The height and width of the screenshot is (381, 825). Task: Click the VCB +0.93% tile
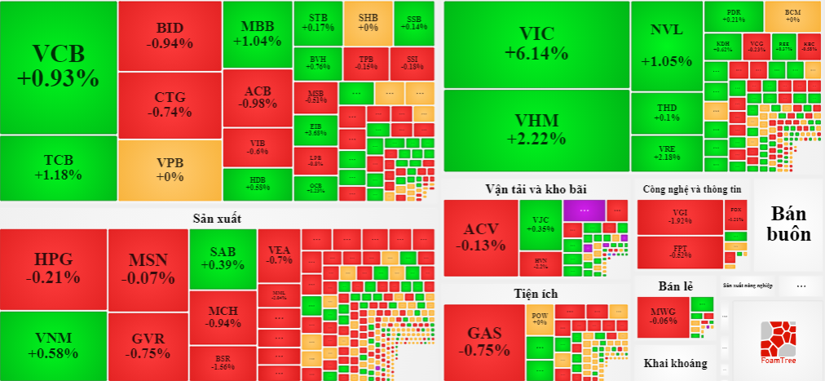tap(58, 67)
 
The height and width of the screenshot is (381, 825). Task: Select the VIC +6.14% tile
tap(536, 44)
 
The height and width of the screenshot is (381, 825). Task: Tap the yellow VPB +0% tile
tap(170, 170)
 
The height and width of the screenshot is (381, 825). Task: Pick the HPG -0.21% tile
tap(53, 268)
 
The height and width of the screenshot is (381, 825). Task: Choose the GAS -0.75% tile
tap(483, 341)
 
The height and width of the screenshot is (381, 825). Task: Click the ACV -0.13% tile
tap(480, 237)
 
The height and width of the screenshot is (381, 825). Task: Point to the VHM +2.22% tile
tap(536, 130)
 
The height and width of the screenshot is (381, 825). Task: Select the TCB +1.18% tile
tap(58, 167)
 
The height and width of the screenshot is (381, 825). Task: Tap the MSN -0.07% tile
tap(148, 268)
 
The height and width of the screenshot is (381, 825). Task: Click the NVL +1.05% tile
tap(666, 45)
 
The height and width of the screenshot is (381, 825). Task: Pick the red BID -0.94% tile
tap(170, 36)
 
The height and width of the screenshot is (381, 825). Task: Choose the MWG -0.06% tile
tap(663, 315)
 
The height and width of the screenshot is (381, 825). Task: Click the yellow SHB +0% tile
tap(368, 22)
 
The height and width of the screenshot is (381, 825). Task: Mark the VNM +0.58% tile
tap(53, 345)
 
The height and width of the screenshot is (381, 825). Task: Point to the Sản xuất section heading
tap(217, 218)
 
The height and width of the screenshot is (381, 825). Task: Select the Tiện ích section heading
tap(536, 293)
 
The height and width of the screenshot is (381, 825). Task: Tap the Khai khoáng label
tap(675, 363)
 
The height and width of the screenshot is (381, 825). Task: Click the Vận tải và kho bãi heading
tap(536, 188)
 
